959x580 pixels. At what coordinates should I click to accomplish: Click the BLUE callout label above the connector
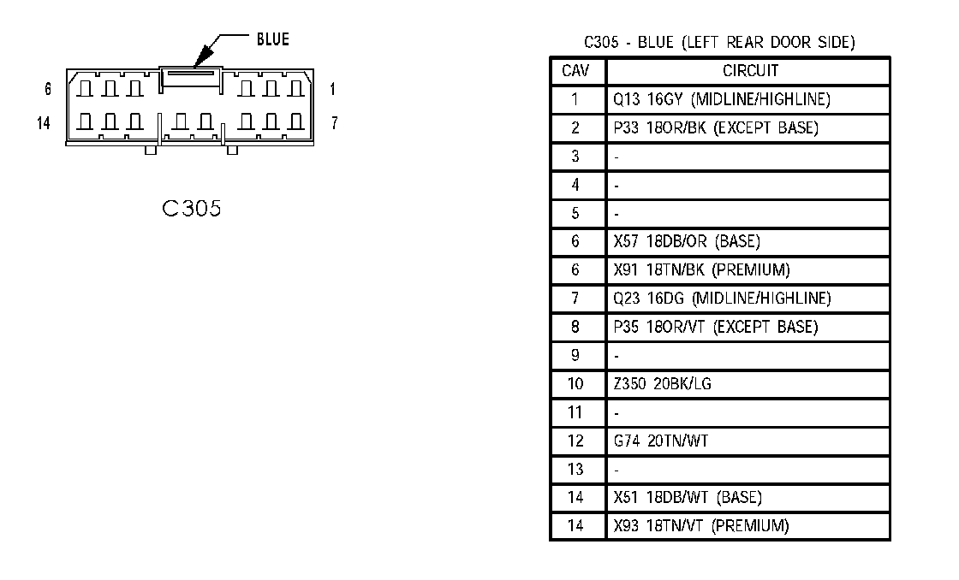pos(273,39)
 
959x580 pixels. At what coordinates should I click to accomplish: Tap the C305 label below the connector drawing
pos(191,208)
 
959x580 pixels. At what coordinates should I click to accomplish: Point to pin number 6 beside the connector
pos(49,89)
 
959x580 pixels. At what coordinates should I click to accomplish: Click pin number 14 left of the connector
pos(45,123)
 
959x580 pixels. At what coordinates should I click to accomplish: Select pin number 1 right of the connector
pos(332,89)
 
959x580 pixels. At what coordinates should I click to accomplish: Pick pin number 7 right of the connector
pos(334,123)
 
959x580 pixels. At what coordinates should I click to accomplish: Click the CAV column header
pos(575,71)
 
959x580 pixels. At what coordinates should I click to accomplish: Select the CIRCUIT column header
pos(750,71)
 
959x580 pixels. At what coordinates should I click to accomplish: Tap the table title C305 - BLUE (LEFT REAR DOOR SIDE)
pos(719,42)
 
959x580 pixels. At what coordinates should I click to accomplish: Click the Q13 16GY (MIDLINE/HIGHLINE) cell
pos(722,99)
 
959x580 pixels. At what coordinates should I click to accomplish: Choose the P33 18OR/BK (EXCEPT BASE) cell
pos(716,128)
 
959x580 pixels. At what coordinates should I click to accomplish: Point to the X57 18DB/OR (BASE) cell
pos(687,241)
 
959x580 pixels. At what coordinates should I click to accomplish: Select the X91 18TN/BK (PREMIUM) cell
pos(701,269)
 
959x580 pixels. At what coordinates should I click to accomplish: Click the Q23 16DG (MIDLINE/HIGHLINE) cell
pos(722,299)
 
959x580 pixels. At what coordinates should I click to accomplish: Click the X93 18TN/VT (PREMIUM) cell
pos(701,525)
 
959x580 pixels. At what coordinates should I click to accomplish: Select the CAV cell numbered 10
pos(575,384)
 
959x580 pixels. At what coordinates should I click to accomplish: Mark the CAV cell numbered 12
pos(575,441)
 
